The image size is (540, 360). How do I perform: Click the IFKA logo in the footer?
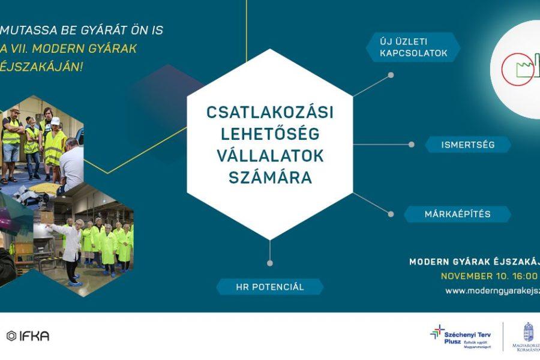(28, 336)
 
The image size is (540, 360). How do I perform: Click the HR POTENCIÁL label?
(269, 287)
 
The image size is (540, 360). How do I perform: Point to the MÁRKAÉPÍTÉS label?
(458, 214)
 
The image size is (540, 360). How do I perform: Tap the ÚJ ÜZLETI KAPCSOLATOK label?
(413, 47)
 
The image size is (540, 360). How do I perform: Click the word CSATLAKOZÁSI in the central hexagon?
(269, 112)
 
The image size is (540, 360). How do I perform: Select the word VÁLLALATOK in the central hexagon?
(269, 156)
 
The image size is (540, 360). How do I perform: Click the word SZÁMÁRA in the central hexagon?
(269, 178)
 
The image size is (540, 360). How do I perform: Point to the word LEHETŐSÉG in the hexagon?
(269, 134)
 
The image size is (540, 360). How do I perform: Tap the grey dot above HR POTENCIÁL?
(270, 263)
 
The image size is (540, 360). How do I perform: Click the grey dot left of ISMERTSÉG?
(411, 145)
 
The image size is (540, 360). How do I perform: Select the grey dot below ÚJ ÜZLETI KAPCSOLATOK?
(391, 76)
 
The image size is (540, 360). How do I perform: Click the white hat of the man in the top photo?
(55, 121)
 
